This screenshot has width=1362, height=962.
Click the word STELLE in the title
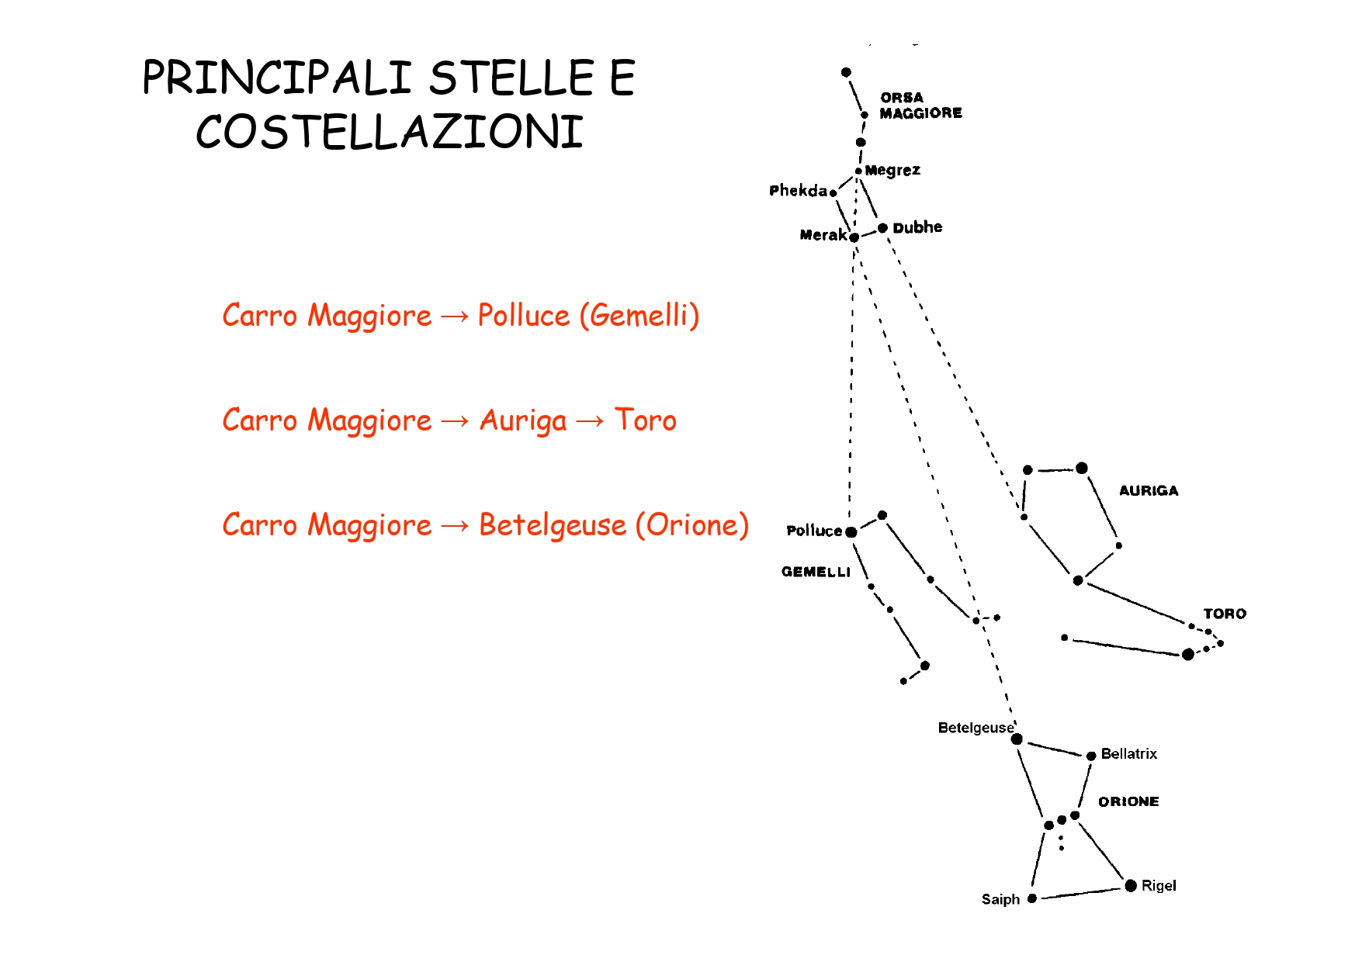[511, 78]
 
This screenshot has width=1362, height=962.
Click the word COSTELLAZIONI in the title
[389, 132]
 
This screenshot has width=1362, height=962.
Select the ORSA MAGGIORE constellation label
[920, 106]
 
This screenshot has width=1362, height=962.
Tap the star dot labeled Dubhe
[882, 228]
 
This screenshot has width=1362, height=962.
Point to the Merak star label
[823, 235]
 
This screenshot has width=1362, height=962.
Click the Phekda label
[798, 191]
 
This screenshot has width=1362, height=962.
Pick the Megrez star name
[892, 171]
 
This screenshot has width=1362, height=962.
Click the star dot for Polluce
[851, 532]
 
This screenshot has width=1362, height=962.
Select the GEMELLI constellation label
[816, 572]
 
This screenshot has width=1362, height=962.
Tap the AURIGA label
[1149, 490]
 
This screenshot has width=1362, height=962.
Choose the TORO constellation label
[1225, 614]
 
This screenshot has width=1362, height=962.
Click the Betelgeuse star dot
[1017, 739]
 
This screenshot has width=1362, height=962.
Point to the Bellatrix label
[1128, 754]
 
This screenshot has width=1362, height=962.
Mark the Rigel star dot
[1131, 886]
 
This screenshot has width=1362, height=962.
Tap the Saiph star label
[1000, 899]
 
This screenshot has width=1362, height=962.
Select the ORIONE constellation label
[1128, 801]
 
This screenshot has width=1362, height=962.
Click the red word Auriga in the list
[523, 421]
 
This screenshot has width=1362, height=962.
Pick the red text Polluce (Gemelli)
[588, 316]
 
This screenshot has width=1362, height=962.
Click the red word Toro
[645, 420]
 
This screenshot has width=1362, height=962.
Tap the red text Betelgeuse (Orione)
[613, 525]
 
